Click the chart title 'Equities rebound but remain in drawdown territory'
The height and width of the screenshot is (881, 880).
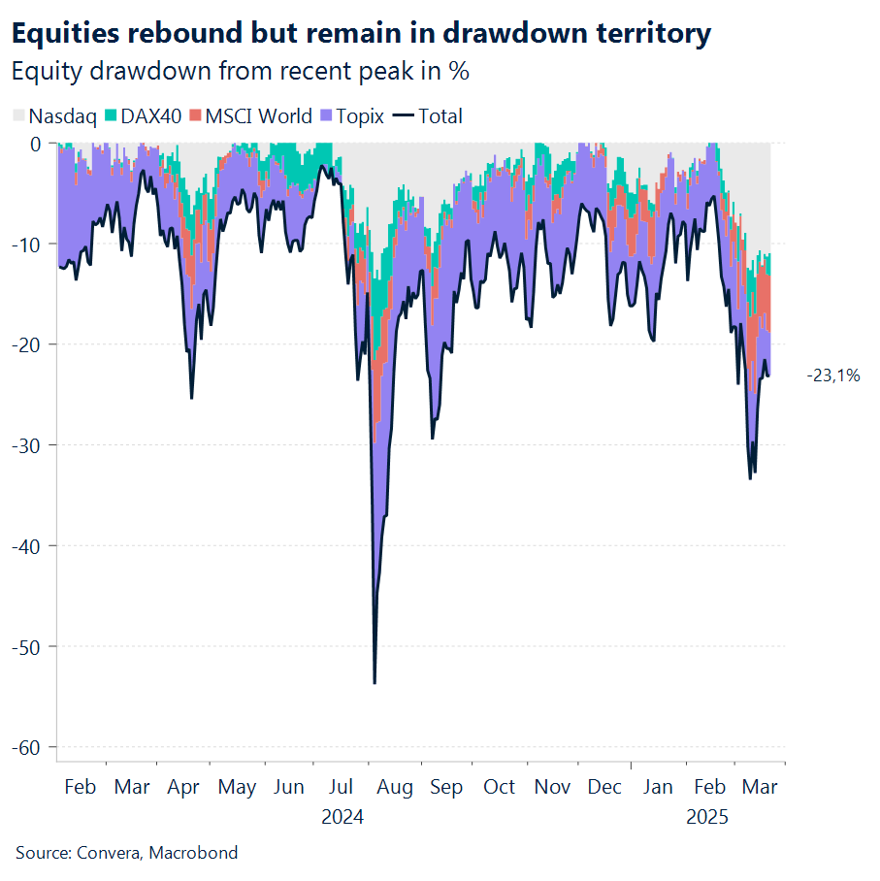(360, 35)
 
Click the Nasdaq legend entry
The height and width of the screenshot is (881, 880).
(54, 116)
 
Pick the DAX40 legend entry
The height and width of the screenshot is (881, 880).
(145, 116)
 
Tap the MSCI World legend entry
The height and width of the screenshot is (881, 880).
(250, 116)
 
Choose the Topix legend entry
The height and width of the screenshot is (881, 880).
(351, 116)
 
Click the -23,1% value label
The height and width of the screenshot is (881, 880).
(832, 375)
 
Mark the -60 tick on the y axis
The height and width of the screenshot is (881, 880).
(28, 747)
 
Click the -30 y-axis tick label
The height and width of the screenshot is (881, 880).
(28, 445)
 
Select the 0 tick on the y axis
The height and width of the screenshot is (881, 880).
(36, 144)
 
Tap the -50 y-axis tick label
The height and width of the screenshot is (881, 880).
(28, 646)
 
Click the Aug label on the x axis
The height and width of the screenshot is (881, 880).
(394, 787)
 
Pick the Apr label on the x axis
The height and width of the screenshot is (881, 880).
(184, 787)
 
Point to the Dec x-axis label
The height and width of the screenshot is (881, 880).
(604, 787)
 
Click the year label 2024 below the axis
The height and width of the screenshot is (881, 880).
(342, 817)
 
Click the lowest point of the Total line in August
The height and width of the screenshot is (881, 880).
(375, 683)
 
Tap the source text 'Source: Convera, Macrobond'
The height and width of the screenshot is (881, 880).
(126, 853)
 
